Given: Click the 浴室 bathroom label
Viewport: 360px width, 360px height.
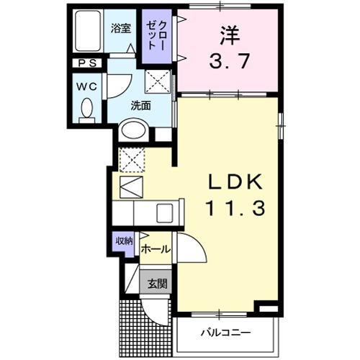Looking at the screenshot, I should pos(121,30).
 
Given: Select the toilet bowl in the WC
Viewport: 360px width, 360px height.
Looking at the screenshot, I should pos(86,110).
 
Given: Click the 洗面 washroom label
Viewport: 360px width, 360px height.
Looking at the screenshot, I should pos(141,105).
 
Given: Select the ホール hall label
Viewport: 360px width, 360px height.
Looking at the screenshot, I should pos(156,249).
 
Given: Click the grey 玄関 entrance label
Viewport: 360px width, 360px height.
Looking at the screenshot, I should pos(158,283).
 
